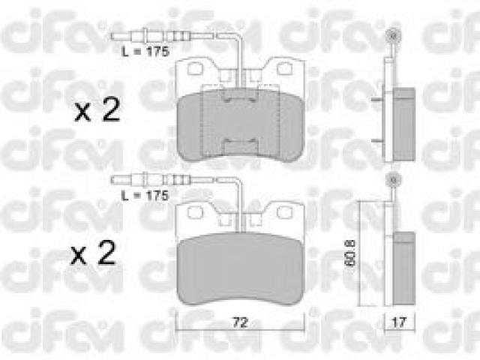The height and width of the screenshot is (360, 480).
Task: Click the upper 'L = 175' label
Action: [145, 52]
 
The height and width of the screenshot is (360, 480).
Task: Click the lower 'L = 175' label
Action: [145, 196]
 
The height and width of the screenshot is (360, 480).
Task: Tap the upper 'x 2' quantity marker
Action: [97, 110]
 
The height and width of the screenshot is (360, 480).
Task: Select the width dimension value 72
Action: [240, 322]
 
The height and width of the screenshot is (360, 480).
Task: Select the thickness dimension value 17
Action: [399, 322]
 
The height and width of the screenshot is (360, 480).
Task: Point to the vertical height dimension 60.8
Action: [350, 253]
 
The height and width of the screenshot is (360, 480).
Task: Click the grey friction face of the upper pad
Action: [241, 124]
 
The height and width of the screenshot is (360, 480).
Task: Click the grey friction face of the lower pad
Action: [241, 268]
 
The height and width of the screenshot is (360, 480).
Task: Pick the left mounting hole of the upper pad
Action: [195, 68]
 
